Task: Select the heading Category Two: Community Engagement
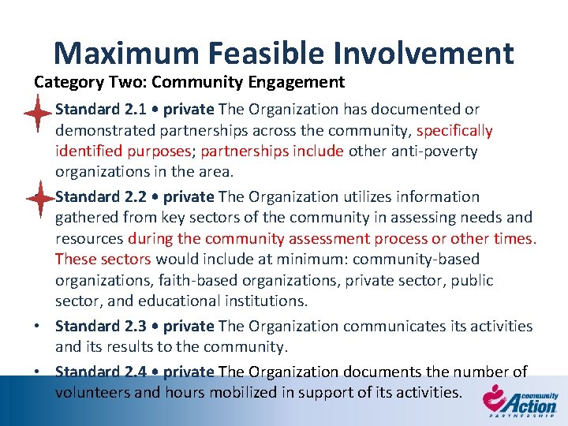pos(189,81)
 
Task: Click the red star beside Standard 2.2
pos(37,199)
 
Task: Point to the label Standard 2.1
pos(95,109)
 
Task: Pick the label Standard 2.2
pos(95,196)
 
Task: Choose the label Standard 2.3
pos(95,326)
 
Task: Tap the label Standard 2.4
pos(95,372)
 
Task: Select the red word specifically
pos(454,130)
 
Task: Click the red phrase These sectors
pos(103,259)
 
